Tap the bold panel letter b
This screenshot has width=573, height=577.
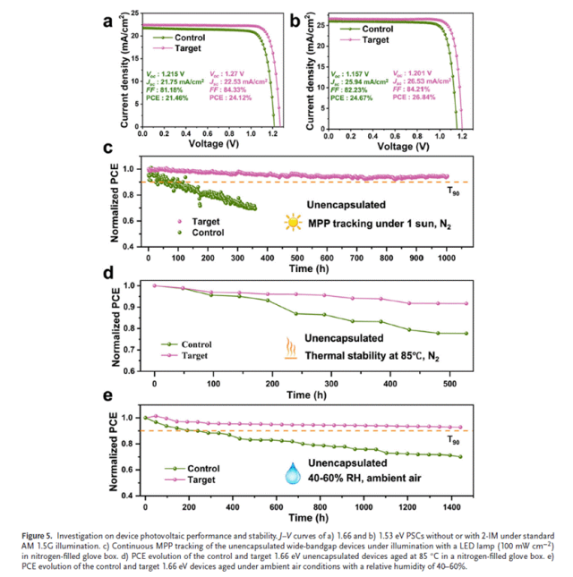point(293,19)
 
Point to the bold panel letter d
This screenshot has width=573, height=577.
point(107,272)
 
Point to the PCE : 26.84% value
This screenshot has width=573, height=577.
point(413,98)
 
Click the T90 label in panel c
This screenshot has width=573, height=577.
point(453,188)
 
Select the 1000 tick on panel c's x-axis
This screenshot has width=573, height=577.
point(445,257)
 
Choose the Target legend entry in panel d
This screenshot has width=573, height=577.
point(200,355)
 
